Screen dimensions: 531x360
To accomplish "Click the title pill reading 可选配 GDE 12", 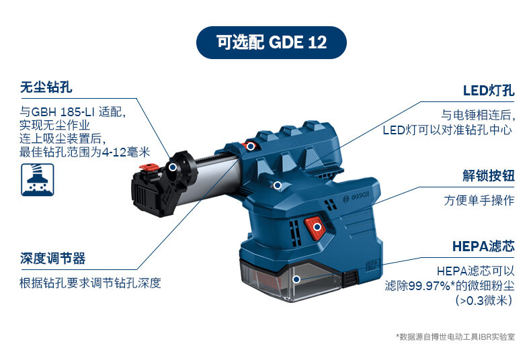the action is tap(272, 42).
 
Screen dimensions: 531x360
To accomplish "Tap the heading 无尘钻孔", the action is tap(46, 87).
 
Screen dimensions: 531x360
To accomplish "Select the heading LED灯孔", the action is tap(489, 91).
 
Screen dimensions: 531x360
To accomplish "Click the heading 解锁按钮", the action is tap(489, 175).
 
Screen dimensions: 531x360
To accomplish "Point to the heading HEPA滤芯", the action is tap(483, 246).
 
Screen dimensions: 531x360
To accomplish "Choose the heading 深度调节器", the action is tap(52, 258).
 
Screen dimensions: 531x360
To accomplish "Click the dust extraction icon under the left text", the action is tap(37, 179).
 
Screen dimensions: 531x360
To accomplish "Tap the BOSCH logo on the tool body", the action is tap(356, 197).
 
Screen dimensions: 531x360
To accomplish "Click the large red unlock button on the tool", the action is tap(315, 228).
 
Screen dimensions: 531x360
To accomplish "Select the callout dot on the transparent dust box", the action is tap(296, 279).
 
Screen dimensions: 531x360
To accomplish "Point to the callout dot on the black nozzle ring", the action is tap(172, 167).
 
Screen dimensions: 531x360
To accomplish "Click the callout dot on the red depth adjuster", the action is tap(251, 146).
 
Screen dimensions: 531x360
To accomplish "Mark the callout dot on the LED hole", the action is tap(278, 185).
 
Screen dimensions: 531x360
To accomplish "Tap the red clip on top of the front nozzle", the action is tap(149, 167).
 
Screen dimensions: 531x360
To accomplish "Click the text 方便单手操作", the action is tap(479, 200).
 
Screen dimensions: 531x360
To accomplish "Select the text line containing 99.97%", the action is tap(450, 285).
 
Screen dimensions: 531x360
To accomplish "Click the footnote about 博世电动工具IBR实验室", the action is tap(456, 336).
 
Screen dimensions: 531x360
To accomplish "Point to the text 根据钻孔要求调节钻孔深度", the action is tap(90, 283).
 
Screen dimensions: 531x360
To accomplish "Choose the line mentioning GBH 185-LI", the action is tap(73, 111).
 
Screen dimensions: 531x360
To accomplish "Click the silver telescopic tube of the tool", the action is tap(210, 179).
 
